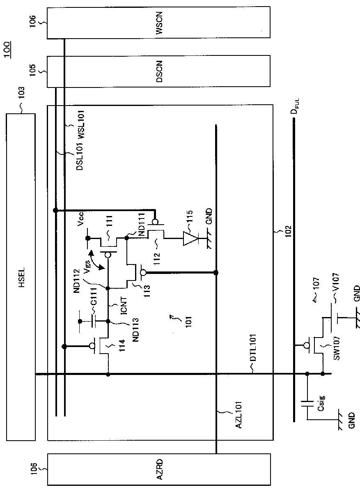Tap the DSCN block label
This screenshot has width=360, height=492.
coord(159,71)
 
